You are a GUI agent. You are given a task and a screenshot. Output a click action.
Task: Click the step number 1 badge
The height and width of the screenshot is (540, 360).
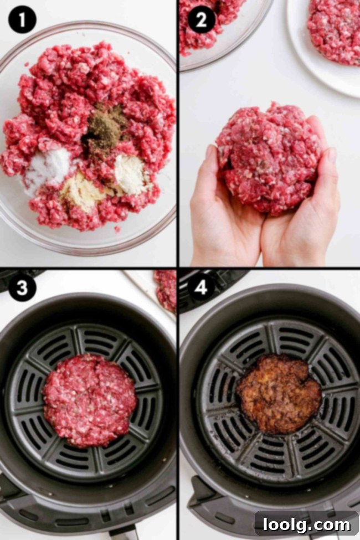[22, 20]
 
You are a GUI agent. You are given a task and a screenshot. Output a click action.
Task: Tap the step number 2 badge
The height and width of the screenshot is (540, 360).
[202, 20]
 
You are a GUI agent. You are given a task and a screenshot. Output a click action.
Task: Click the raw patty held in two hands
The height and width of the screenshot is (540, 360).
[269, 158]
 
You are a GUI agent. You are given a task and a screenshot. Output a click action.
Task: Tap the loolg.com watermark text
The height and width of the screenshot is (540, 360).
[307, 523]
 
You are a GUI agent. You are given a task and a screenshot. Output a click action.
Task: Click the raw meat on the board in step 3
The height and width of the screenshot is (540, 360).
[166, 288]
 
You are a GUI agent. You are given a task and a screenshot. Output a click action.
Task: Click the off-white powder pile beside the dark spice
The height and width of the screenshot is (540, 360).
[130, 173]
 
